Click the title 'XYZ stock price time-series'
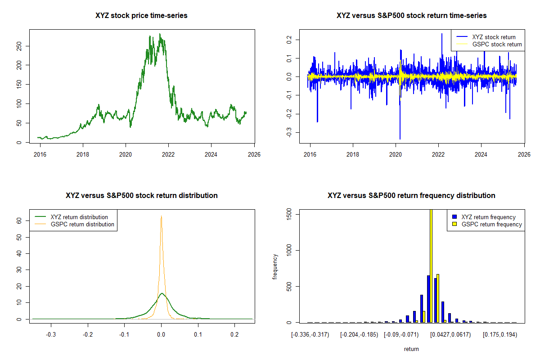141,16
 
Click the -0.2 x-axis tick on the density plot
88,335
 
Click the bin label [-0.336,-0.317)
310,335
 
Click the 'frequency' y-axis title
275,267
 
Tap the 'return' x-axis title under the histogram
411,349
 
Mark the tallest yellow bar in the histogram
431,265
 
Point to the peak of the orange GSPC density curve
161,216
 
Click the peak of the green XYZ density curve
162,293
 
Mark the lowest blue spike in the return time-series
400,139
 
